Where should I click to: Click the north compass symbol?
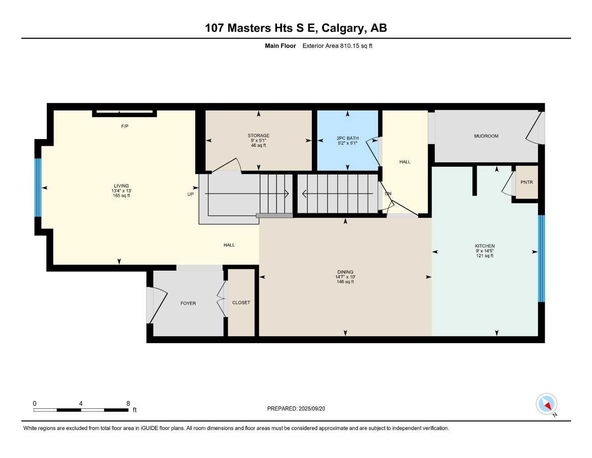(546, 404)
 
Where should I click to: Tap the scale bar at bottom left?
(81, 410)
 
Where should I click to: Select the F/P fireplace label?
(125, 127)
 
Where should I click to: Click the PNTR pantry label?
(526, 182)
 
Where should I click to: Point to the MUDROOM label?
(486, 136)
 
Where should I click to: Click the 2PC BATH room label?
(348, 138)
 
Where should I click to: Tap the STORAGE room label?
(258, 136)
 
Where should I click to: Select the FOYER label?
(188, 303)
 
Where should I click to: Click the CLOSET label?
(241, 303)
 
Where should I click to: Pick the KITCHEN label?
(485, 246)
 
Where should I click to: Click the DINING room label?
(345, 272)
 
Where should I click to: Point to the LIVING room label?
(122, 186)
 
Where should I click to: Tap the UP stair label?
(191, 194)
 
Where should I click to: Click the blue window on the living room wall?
(38, 187)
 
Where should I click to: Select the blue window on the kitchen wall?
(542, 259)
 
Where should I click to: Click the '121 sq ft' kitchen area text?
(485, 256)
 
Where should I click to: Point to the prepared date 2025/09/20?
(296, 408)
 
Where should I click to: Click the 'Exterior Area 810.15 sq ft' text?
(337, 46)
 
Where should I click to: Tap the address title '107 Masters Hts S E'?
(261, 28)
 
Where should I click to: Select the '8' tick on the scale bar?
(128, 403)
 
